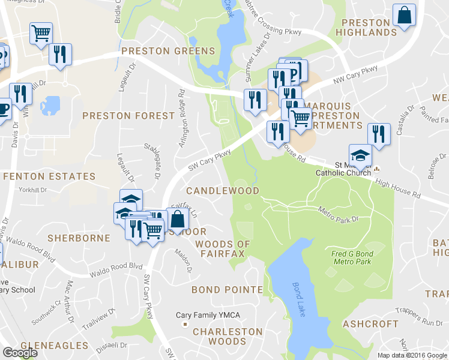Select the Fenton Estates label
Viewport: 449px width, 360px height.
pyautogui.click(x=49, y=176)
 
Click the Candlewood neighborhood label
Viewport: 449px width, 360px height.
pyautogui.click(x=222, y=190)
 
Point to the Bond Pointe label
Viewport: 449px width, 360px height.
pyautogui.click(x=227, y=290)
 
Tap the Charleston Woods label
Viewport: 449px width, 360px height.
pyautogui.click(x=228, y=336)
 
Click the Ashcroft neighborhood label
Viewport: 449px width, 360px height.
pyautogui.click(x=370, y=323)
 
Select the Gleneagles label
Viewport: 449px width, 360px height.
pyautogui.click(x=55, y=346)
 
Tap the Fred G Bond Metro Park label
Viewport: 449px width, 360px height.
pyautogui.click(x=352, y=257)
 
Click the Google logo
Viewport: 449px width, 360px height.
pyautogui.click(x=20, y=353)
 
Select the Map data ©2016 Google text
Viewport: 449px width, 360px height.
pyautogui.click(x=413, y=355)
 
